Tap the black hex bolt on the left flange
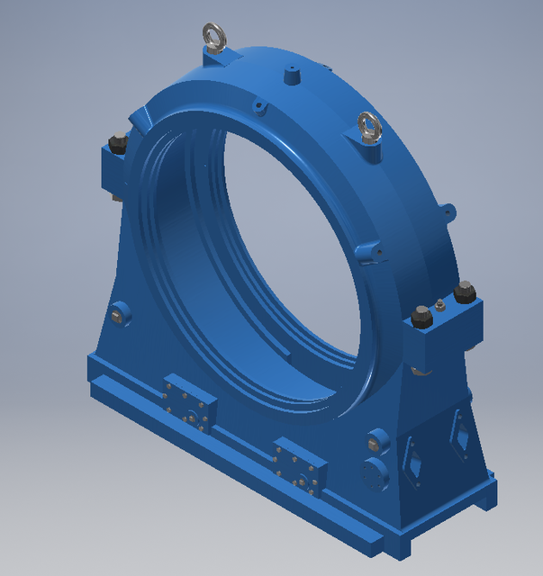tap(118, 144)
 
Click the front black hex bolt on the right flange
tap(421, 317)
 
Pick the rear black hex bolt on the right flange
tap(464, 292)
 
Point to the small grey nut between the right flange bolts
tap(439, 305)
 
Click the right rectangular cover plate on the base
tap(299, 467)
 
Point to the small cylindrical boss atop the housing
tap(292, 75)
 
